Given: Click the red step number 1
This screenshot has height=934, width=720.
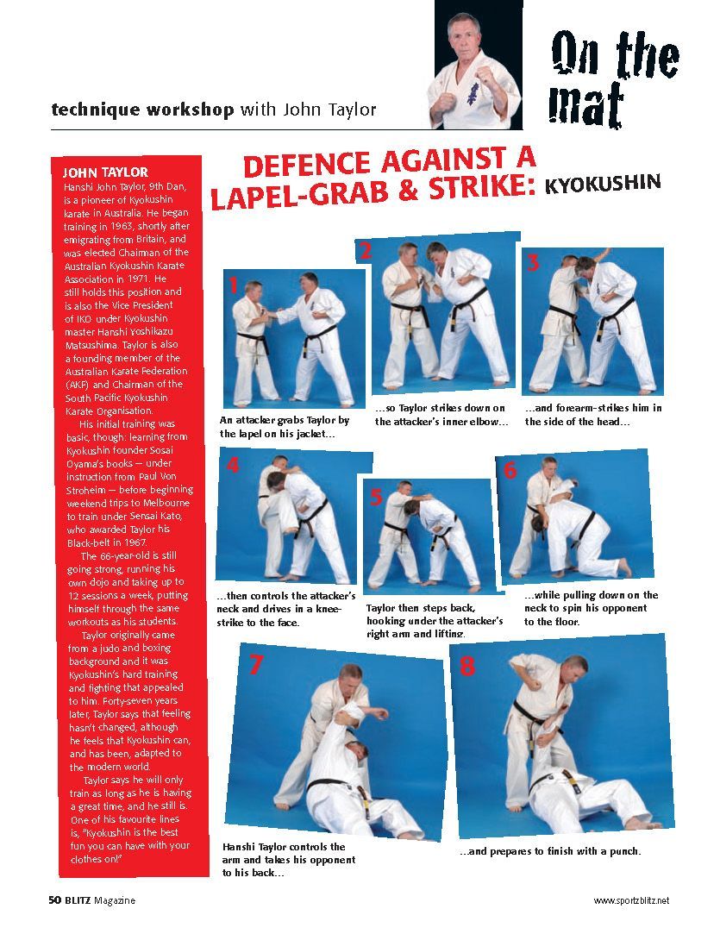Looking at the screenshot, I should (233, 286).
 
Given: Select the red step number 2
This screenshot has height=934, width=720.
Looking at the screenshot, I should (366, 251).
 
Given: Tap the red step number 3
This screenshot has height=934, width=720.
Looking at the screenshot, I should (533, 263).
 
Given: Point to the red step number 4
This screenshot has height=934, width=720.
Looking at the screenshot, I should (233, 466).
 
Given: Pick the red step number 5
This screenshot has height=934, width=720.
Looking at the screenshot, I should (375, 497).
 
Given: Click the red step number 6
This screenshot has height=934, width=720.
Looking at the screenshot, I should (510, 470).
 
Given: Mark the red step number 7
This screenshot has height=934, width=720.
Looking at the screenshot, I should (255, 664).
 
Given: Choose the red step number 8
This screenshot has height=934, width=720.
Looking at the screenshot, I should (466, 667).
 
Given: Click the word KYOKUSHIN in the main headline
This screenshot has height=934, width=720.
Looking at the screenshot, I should (603, 184).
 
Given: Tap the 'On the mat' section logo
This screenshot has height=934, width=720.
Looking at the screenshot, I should (613, 77).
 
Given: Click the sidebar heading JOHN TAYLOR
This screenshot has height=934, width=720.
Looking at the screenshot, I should (105, 172).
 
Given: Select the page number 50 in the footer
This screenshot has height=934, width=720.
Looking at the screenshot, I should (53, 900).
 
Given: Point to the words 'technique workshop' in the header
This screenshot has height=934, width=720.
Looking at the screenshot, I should (142, 110).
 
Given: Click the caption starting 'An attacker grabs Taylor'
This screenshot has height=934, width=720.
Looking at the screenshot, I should (285, 427).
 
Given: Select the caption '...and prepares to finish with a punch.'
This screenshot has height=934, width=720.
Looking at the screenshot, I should (549, 851).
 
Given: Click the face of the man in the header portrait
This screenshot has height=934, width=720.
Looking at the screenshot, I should (463, 36).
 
